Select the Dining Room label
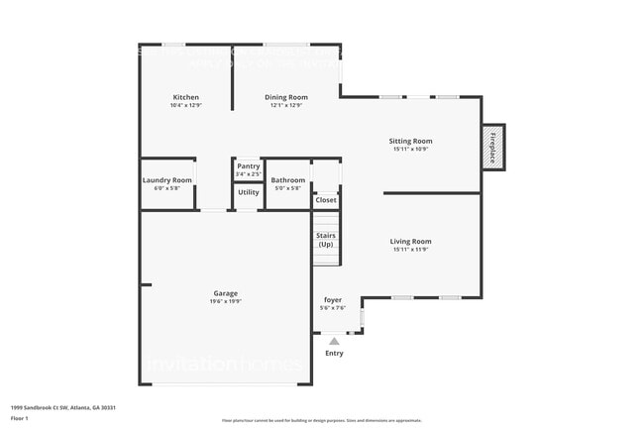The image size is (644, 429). (286, 97)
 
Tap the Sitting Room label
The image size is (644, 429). (410, 141)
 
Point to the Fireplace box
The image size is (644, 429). (492, 147)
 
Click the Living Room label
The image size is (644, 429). (410, 241)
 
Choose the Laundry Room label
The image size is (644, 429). (166, 180)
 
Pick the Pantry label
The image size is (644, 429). (248, 165)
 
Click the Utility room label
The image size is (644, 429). (248, 193)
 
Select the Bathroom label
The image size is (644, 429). (287, 180)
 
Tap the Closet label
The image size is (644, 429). (326, 200)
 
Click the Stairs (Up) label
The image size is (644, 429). (326, 240)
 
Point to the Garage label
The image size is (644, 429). (225, 293)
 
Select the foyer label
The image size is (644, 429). (333, 300)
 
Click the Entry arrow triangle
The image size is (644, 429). (334, 342)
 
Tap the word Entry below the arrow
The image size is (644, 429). (334, 353)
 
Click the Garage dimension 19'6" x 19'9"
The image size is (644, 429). (225, 301)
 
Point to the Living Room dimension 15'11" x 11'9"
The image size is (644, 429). (410, 249)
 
